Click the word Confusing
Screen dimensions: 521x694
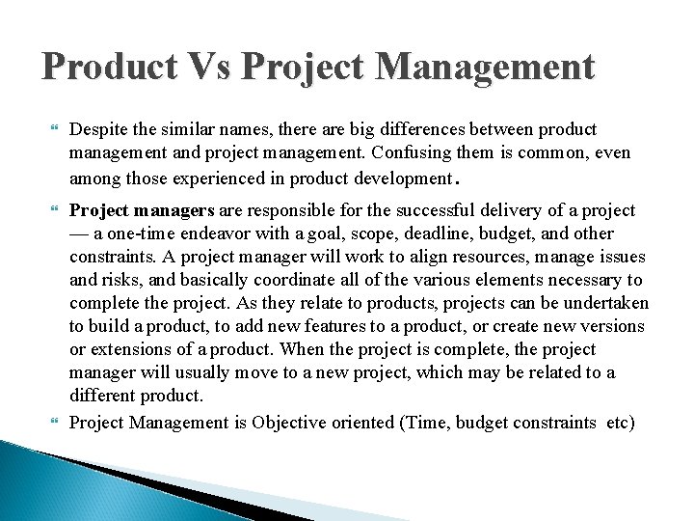click(x=407, y=152)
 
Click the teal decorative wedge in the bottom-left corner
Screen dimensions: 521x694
click(x=58, y=482)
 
